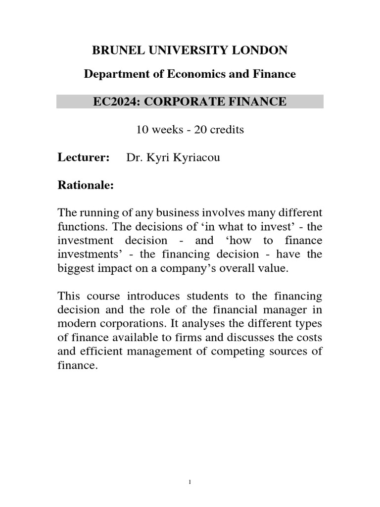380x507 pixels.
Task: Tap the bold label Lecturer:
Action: (83, 158)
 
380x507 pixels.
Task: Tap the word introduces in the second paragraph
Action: (157, 297)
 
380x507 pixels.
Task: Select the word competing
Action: (252, 352)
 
